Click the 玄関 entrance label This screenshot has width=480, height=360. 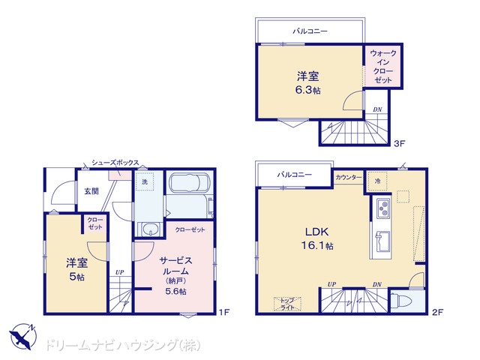coord(91,191)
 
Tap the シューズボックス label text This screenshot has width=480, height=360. coord(115,163)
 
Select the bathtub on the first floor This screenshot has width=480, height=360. coord(190,183)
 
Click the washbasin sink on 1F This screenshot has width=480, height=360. coord(151,229)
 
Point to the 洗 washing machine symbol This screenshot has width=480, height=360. coord(145,181)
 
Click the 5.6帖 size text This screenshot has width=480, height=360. coord(175,291)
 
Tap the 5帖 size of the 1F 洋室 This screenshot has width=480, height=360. coord(76,277)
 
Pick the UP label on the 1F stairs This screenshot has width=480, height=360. coord(120,272)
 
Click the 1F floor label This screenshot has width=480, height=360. coord(224,312)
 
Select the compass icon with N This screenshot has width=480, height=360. coord(22,337)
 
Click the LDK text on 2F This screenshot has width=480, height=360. coord(317,232)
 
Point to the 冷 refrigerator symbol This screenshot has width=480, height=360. coord(377,181)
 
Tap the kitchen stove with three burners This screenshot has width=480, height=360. coord(383,208)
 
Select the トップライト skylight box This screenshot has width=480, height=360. coord(287,304)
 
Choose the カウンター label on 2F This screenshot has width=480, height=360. coord(349,177)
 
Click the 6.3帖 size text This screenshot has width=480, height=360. coord(308,90)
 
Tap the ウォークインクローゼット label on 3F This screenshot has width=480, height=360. coord(383,67)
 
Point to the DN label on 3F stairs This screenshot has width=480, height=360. coord(377,109)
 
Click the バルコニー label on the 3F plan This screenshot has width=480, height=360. coord(310,31)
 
